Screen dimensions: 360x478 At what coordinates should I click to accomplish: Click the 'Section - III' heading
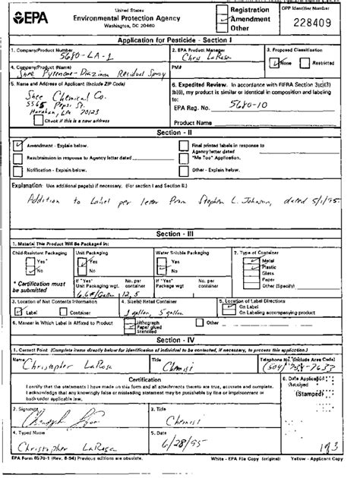[180, 234]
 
